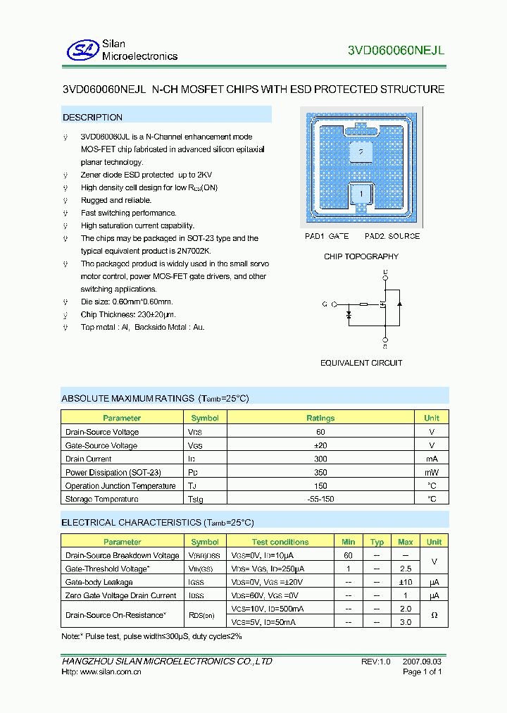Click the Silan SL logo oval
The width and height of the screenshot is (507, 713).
click(84, 49)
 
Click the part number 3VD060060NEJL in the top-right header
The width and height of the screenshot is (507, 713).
click(396, 50)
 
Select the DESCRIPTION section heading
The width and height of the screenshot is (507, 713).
click(92, 118)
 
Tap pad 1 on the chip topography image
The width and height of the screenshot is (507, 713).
click(361, 193)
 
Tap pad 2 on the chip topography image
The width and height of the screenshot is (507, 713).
click(361, 151)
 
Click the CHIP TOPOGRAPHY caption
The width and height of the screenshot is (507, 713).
click(361, 256)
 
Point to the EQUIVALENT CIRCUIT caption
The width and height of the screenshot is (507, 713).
click(361, 363)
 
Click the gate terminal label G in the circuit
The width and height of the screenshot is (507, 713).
click(325, 304)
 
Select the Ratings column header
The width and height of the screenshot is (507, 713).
click(320, 418)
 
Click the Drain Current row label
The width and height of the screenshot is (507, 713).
click(89, 459)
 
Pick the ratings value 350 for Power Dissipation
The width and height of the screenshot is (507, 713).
click(320, 473)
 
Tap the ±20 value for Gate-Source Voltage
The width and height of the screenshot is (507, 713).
click(320, 445)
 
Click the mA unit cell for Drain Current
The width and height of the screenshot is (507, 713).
click(432, 459)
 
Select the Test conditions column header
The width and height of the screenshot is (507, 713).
click(280, 542)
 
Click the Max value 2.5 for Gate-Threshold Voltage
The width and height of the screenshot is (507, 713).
click(405, 569)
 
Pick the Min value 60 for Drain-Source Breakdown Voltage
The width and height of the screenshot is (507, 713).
click(348, 555)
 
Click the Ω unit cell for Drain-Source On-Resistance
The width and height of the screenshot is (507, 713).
click(434, 616)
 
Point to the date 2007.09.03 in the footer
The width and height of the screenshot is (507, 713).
click(423, 662)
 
